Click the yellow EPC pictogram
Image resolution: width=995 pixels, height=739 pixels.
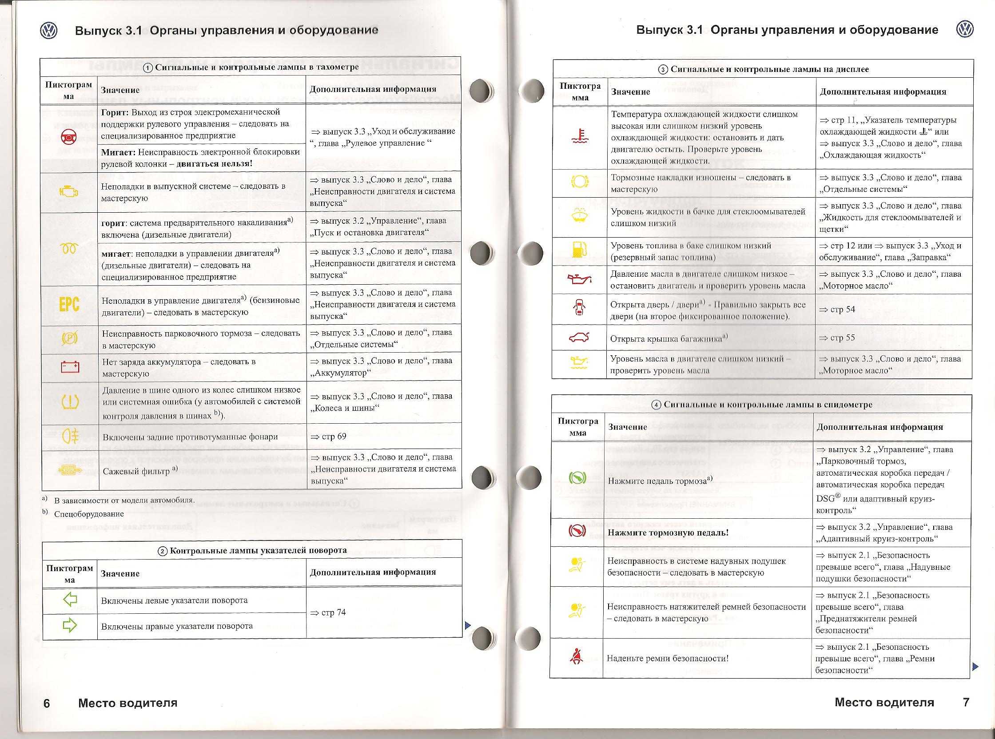click(x=69, y=305)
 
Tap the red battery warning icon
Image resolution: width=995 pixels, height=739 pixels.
click(x=70, y=367)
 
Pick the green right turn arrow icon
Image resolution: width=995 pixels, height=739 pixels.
click(x=70, y=626)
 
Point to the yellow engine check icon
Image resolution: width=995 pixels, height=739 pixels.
click(x=69, y=192)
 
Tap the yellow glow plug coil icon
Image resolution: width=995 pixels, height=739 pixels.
click(x=70, y=249)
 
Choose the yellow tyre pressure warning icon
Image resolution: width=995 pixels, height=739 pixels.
click(x=71, y=402)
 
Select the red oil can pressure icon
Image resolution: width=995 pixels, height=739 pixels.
click(x=579, y=280)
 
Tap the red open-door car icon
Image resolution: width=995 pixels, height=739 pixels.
click(x=579, y=308)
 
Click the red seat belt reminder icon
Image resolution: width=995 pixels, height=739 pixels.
click(x=576, y=657)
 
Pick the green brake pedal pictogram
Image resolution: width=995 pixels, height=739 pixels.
click(x=576, y=478)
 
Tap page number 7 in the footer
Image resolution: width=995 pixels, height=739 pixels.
click(x=966, y=702)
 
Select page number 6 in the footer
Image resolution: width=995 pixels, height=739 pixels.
click(x=47, y=703)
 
